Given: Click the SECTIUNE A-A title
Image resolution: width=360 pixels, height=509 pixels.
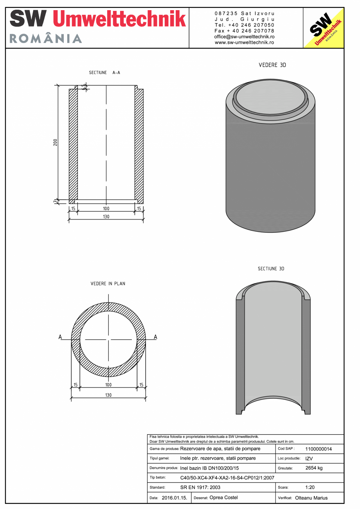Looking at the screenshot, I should point(104,73).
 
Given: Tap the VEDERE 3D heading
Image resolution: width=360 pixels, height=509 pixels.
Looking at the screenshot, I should point(272,65).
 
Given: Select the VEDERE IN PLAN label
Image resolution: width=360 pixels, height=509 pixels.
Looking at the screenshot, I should point(108,284).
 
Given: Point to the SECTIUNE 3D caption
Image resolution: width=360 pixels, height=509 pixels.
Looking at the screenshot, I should point(271,269).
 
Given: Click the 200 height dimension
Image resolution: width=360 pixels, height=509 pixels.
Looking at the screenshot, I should point(56,142).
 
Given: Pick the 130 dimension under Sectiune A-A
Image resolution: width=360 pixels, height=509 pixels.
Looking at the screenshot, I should point(106,217).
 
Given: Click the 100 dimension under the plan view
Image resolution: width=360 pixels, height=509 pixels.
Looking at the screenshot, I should point(108,385).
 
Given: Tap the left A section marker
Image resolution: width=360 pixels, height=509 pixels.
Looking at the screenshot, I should point(60,336).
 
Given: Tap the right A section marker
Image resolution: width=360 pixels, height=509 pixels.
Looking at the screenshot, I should point(155,336).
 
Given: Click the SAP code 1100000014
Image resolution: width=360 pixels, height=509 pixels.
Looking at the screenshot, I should point(318,449).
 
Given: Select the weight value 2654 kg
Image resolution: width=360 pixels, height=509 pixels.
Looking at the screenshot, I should point(314,468).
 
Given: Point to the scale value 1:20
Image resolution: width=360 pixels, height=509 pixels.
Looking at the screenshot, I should point(310,487).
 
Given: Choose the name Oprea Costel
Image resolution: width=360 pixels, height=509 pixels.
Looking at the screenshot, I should point(223,498).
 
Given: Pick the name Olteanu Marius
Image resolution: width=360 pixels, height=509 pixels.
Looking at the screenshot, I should point(311,498).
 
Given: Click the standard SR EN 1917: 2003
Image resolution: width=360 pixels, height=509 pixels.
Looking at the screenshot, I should point(200,487).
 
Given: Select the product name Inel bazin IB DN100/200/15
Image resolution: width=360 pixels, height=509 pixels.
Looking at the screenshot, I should point(209,468).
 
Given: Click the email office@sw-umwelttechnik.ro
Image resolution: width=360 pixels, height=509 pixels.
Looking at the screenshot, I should point(244,36).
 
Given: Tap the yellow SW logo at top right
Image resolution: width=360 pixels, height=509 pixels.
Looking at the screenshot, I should point(324,28).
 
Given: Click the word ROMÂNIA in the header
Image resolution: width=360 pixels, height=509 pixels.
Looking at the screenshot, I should point(46,38).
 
